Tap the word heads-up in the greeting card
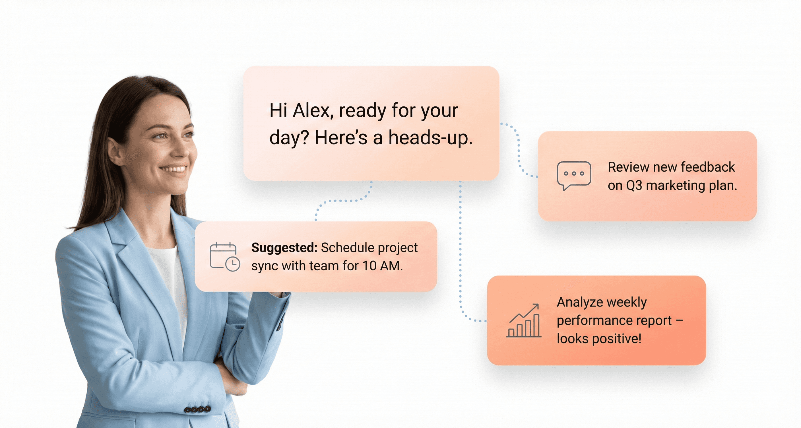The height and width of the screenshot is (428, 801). pos(430,138)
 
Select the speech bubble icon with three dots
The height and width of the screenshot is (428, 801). pos(574,175)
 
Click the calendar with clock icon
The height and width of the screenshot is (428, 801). pos(224,257)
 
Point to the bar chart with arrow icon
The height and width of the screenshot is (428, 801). pos(524,321)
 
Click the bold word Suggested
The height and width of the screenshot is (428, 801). pos(284,248)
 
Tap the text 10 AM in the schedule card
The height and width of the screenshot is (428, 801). pos(382,266)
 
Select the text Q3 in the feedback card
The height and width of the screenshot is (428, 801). pos(634,186)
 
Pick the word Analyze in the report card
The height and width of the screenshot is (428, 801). pos(575,302)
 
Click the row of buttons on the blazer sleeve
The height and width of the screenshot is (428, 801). pos(197,409)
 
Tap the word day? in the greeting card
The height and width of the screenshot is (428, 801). pos(289,138)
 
